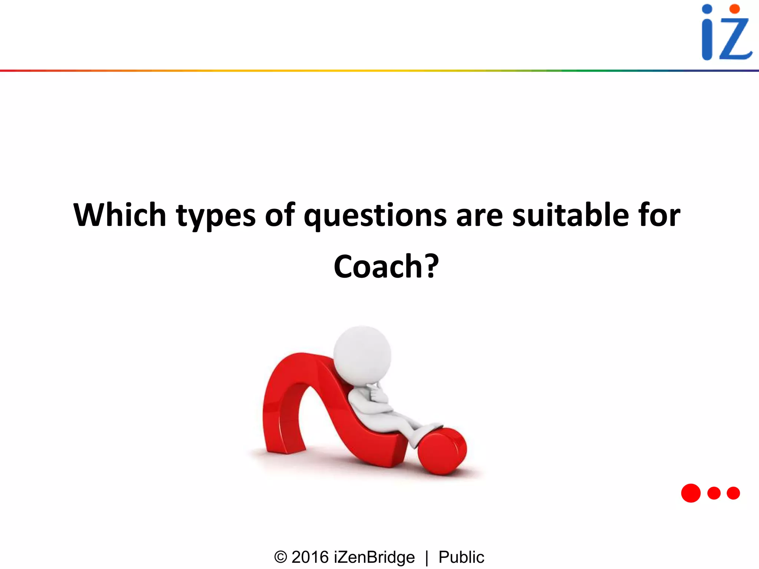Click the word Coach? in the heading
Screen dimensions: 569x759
pos(386,266)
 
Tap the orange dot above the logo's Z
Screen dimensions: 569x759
pos(735,9)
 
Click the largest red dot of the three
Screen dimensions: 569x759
pos(691,493)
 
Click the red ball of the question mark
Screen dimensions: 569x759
pos(442,451)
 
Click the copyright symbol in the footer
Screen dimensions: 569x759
pos(281,557)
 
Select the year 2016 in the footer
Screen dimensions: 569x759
pos(310,557)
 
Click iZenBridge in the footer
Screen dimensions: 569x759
pos(374,557)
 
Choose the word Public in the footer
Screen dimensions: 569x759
pos(461,557)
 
